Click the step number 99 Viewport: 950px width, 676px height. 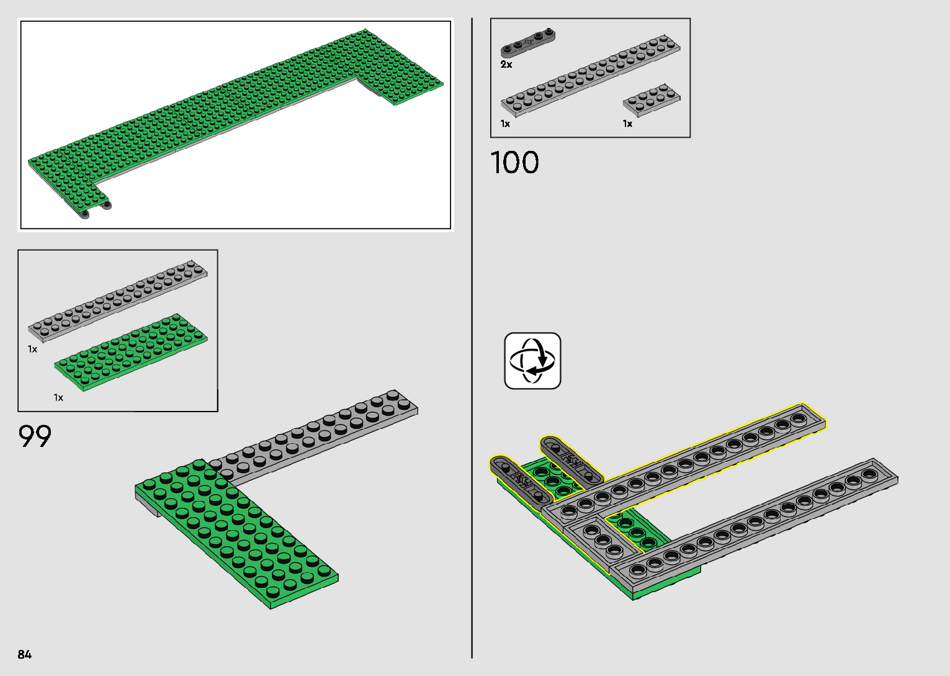point(35,436)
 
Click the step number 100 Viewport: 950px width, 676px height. point(514,163)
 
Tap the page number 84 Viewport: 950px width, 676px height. point(25,654)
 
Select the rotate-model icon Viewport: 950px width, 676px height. point(532,361)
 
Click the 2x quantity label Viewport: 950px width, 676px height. point(506,65)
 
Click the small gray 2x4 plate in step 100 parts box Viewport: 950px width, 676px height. point(652,99)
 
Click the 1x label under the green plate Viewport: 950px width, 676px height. point(58,397)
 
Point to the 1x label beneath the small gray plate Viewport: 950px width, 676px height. point(627,124)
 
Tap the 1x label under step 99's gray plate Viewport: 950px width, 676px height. point(32,349)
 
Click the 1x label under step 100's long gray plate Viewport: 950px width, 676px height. point(505,124)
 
